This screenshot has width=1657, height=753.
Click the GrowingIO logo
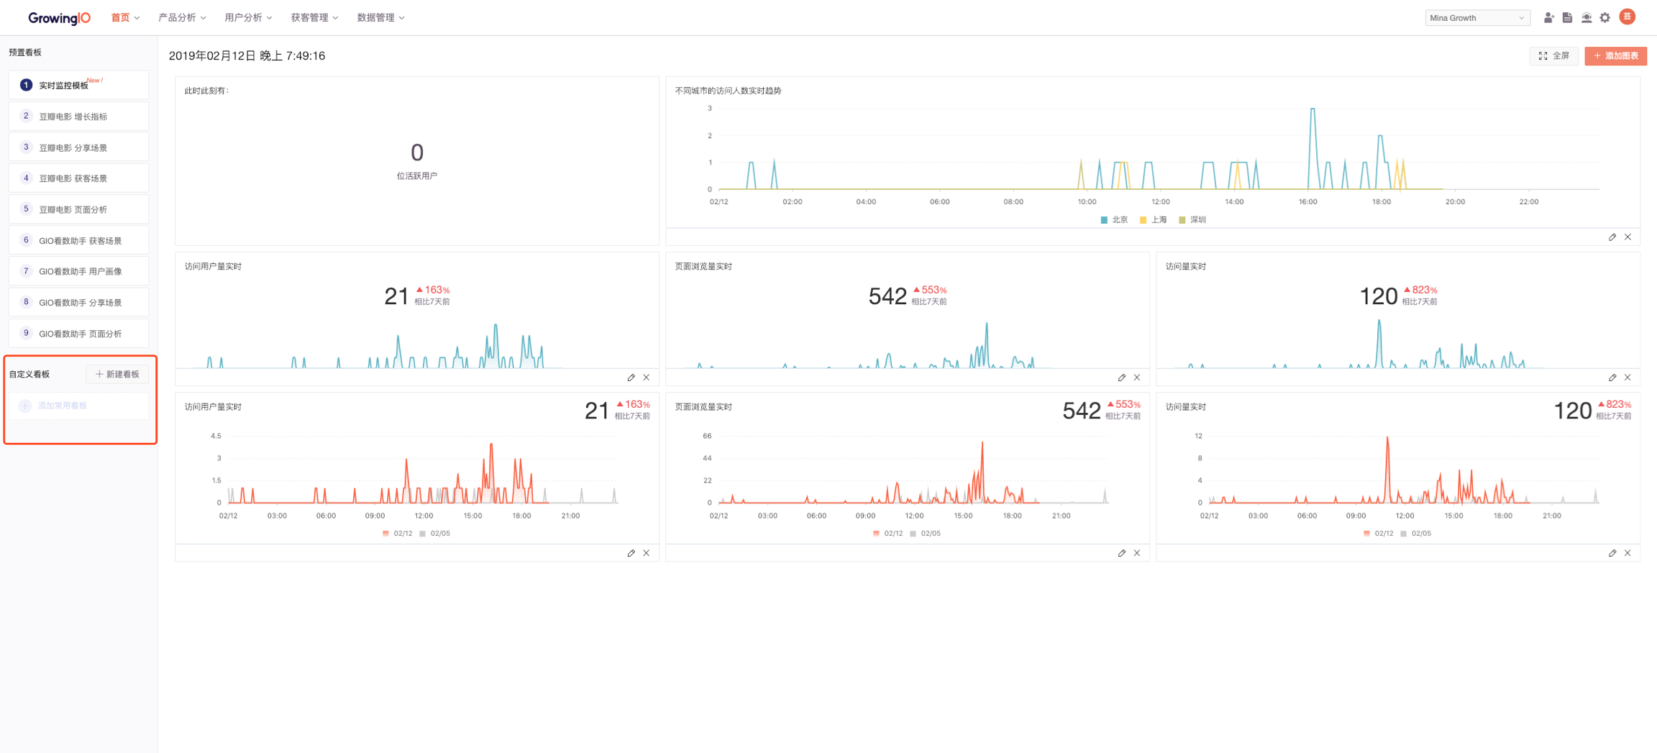[59, 18]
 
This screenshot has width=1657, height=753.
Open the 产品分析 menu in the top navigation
[181, 18]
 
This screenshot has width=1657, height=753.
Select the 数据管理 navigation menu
[380, 18]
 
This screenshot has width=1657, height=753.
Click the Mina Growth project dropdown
[1476, 18]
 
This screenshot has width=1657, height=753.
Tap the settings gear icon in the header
[1605, 18]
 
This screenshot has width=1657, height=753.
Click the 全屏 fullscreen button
[1553, 56]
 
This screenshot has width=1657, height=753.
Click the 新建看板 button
[117, 374]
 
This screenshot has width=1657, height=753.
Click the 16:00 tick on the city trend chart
[1307, 202]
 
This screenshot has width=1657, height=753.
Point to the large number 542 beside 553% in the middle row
[887, 296]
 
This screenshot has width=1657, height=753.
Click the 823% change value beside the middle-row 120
[1423, 290]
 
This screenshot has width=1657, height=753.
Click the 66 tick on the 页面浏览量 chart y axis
[707, 436]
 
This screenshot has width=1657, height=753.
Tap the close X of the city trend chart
[1628, 237]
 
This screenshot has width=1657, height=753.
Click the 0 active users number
[417, 152]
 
